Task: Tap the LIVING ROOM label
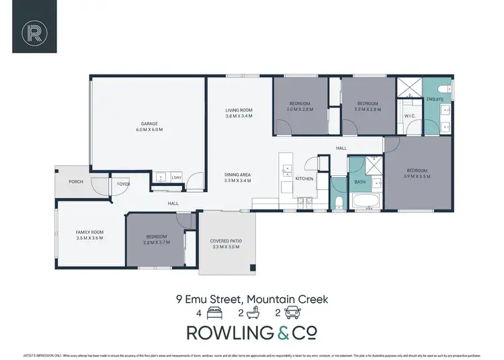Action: pyautogui.click(x=239, y=110)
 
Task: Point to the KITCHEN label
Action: pyautogui.click(x=304, y=179)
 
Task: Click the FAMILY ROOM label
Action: pyautogui.click(x=89, y=232)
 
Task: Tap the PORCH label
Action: pyautogui.click(x=76, y=182)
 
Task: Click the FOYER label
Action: pyautogui.click(x=124, y=183)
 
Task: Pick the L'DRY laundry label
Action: pyautogui.click(x=177, y=177)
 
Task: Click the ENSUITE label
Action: pyautogui.click(x=435, y=99)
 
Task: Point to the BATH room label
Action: pyautogui.click(x=360, y=181)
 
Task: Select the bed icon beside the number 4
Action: pyautogui.click(x=214, y=312)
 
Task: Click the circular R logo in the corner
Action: pyautogui.click(x=32, y=32)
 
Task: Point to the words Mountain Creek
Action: pyautogui.click(x=288, y=299)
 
